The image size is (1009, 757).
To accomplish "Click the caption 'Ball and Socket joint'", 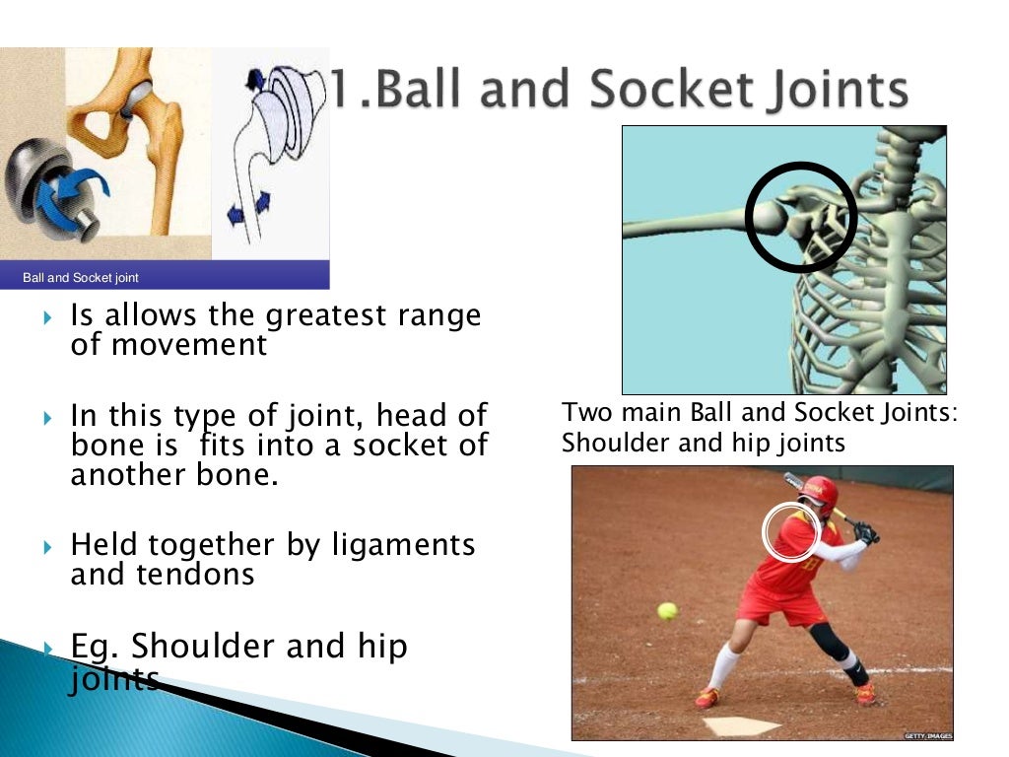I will pyautogui.click(x=81, y=278).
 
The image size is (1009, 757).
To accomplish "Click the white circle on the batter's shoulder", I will pyautogui.click(x=791, y=531).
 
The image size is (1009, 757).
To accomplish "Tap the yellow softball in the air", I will pyautogui.click(x=668, y=611).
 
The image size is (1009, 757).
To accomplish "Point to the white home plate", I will pyautogui.click(x=741, y=726).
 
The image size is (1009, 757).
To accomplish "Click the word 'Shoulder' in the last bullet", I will pyautogui.click(x=204, y=647).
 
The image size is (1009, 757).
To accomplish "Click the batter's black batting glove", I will pyautogui.click(x=866, y=533).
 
